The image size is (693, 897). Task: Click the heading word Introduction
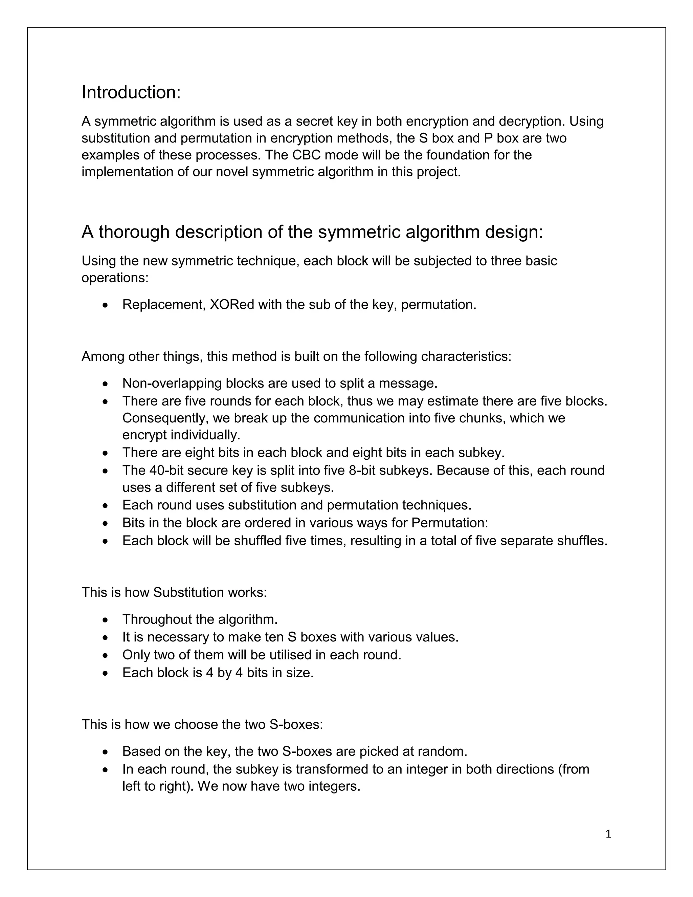click(131, 92)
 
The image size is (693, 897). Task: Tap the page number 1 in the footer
click(608, 834)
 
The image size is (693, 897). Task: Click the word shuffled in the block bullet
click(260, 541)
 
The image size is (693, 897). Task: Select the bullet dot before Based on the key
click(106, 752)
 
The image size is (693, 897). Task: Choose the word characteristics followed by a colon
click(466, 356)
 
